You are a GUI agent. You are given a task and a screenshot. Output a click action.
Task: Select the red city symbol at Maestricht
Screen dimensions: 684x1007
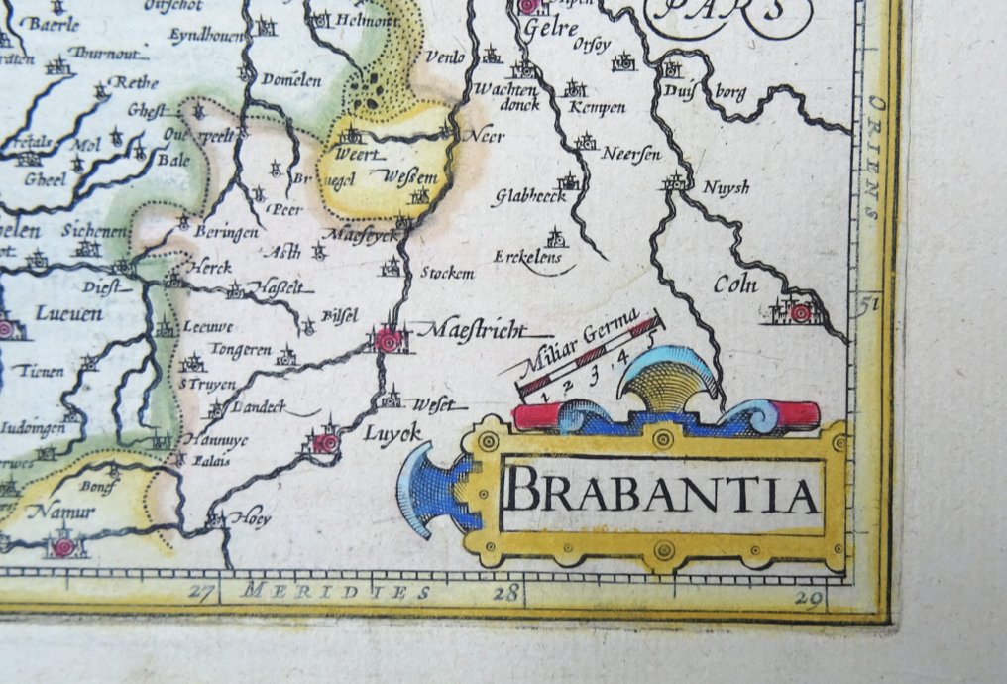coord(389,341)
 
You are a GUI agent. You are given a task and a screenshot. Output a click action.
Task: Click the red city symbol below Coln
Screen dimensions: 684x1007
coord(800,313)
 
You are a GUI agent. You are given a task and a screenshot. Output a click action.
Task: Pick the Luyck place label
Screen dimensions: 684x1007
coord(392,432)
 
